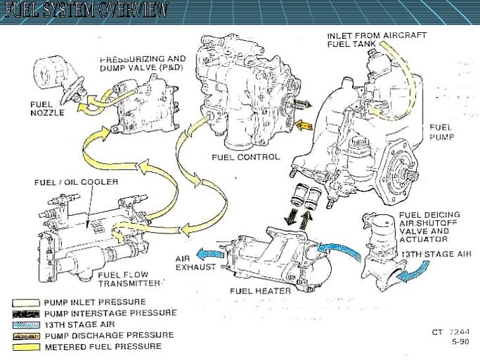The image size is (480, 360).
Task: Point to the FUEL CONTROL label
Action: (245, 158)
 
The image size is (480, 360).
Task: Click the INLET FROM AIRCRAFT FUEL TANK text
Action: (376, 40)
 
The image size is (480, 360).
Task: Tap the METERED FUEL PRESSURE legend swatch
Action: (25, 346)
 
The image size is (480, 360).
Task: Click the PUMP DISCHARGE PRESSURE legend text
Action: (109, 336)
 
